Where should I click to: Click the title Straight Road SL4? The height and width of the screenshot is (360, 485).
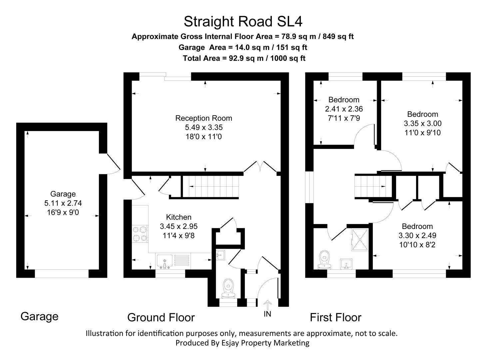click(243, 22)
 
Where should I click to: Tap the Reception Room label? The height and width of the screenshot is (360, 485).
click(204, 118)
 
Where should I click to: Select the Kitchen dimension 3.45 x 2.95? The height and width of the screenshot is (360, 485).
click(179, 226)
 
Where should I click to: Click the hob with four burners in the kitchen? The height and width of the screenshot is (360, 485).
click(140, 234)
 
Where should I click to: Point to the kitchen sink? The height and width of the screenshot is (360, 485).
click(164, 261)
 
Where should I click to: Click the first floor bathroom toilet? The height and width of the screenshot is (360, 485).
click(324, 260)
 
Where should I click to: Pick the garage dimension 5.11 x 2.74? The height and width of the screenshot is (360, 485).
click(63, 203)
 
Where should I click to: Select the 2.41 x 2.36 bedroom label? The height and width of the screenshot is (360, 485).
click(344, 109)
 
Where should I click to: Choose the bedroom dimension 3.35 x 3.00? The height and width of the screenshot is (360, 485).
click(422, 123)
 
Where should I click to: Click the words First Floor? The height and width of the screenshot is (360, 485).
click(335, 317)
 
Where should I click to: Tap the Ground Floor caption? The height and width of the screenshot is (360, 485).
click(161, 317)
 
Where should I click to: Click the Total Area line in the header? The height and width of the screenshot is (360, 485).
click(244, 58)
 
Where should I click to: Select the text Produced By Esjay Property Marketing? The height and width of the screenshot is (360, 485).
click(242, 343)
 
